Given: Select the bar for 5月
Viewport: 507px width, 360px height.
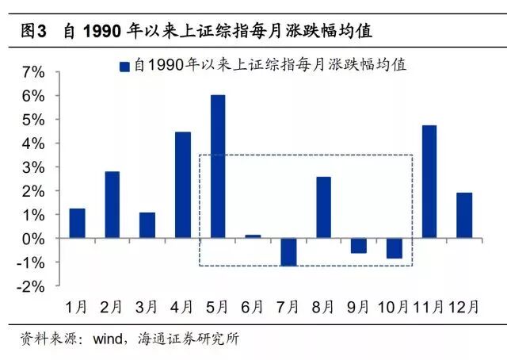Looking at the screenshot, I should [x=218, y=167].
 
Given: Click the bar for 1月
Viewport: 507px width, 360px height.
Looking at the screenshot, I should [x=77, y=223].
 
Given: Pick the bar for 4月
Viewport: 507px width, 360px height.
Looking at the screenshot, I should [x=182, y=185].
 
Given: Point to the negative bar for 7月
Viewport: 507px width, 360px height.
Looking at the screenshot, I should [x=288, y=251].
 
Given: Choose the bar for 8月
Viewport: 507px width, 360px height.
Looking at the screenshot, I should [x=323, y=207].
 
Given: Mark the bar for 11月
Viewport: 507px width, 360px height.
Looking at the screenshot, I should [x=429, y=182].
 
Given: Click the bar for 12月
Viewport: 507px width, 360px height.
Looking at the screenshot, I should [x=464, y=215].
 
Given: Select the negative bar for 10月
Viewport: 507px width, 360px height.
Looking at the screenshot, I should [x=394, y=247].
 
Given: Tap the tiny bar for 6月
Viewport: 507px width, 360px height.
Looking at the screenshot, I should [x=253, y=236].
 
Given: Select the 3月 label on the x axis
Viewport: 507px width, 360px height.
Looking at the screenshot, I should [x=147, y=305].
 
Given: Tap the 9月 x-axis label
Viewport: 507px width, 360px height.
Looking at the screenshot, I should [x=359, y=305].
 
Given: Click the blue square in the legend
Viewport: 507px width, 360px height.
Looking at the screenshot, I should [x=124, y=67].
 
